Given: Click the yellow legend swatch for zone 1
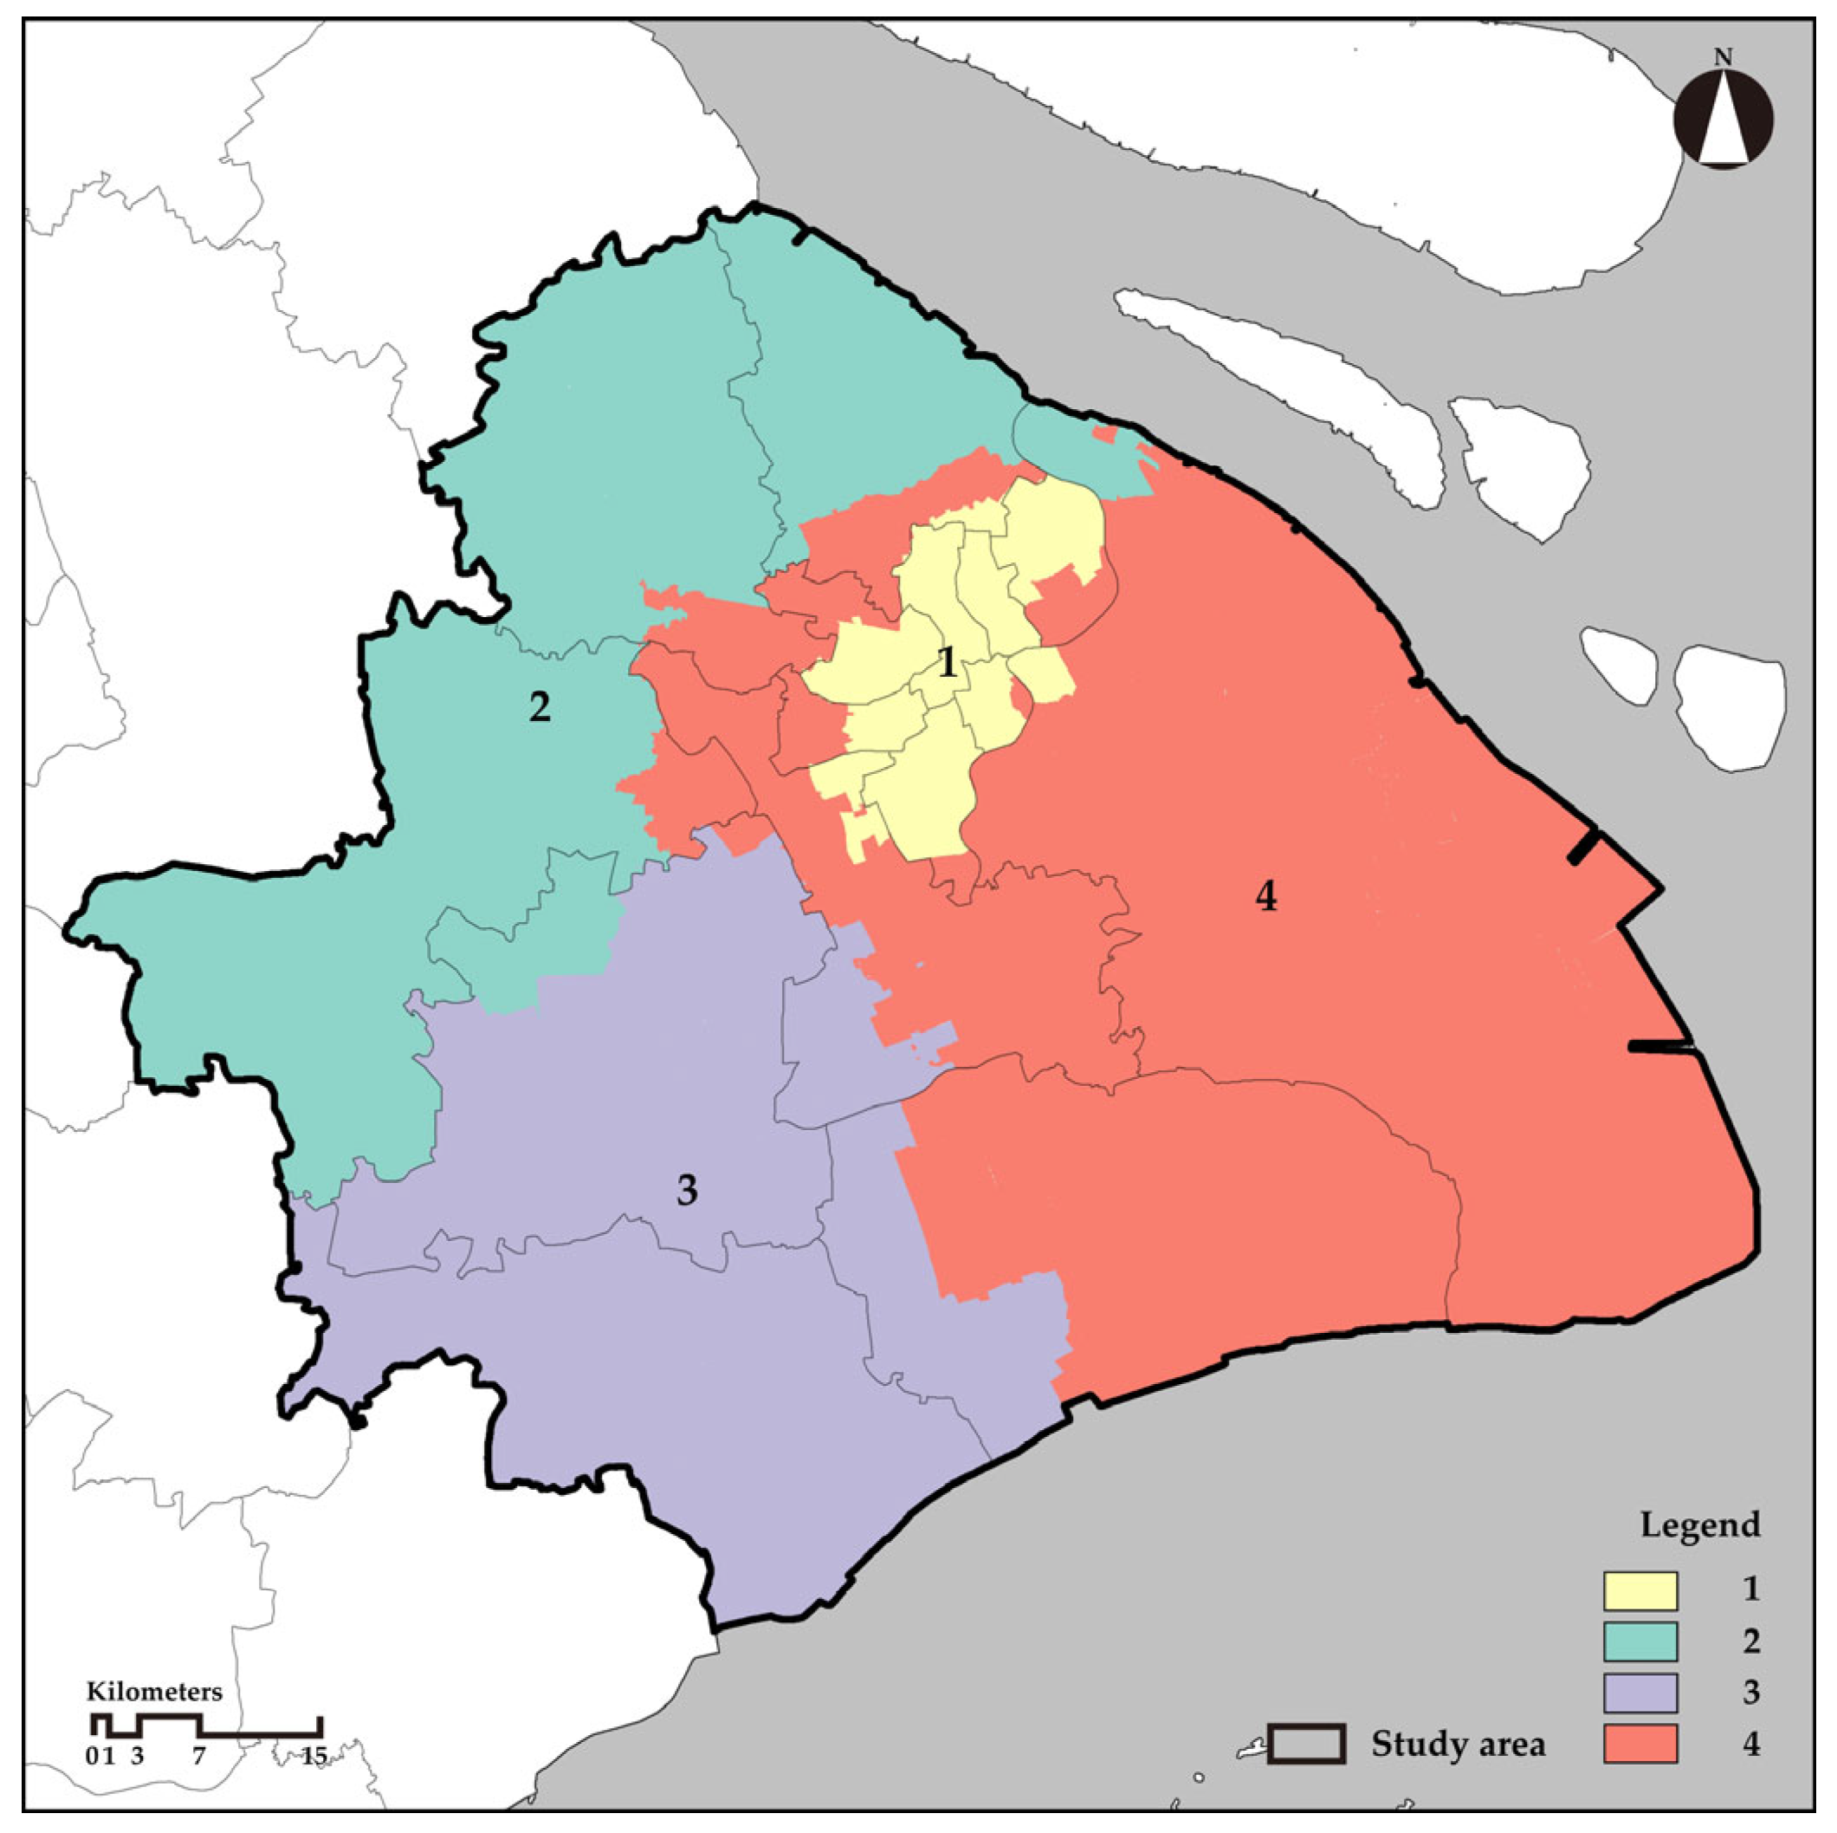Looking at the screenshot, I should [x=1640, y=1589].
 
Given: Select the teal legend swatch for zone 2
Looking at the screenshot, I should [x=1640, y=1641].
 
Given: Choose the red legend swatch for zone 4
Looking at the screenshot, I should [x=1640, y=1744].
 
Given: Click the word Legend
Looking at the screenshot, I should [x=1700, y=1524].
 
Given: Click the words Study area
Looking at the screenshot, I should [x=1458, y=1745].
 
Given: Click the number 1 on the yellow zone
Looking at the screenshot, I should [x=946, y=662].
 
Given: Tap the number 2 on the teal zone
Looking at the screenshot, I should [x=539, y=705].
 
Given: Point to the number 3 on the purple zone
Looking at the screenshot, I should [x=687, y=1189].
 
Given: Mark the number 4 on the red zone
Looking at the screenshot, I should [x=1265, y=895].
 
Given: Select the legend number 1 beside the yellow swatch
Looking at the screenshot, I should [x=1750, y=1589].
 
